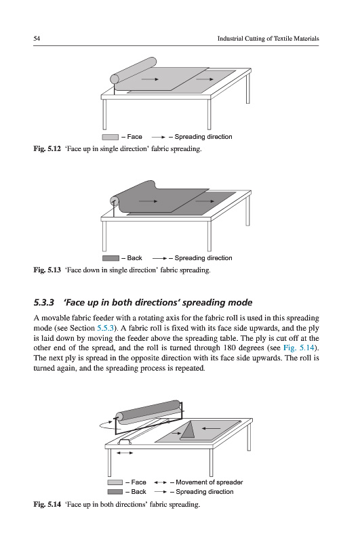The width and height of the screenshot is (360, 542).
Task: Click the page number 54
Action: (37, 39)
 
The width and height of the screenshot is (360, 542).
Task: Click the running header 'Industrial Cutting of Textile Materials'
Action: (268, 39)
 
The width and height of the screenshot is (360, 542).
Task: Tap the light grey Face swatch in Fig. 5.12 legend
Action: (111, 138)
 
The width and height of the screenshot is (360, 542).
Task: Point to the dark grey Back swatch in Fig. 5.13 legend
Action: (111, 258)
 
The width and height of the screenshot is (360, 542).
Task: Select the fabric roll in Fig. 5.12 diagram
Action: (133, 70)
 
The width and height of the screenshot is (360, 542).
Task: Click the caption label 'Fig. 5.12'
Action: (47, 149)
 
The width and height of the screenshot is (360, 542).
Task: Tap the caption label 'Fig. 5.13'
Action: (47, 270)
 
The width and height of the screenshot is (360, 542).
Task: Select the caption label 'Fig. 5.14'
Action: (47, 504)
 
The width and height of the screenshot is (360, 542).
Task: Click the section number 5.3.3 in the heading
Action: (44, 302)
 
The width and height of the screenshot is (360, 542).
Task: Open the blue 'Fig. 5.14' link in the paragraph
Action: (298, 348)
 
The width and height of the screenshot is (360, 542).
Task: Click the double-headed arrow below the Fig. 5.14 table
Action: (125, 453)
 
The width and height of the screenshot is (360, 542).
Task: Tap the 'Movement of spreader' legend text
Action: (209, 482)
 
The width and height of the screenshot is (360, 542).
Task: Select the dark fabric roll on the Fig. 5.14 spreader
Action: (148, 412)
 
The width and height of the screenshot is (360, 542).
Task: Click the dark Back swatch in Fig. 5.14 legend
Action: (115, 492)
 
